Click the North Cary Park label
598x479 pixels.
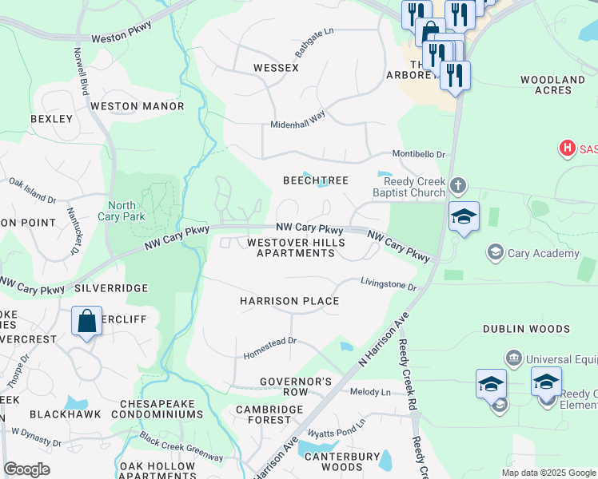(122, 210)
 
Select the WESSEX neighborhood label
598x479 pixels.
(276, 68)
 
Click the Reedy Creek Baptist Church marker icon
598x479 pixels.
(457, 186)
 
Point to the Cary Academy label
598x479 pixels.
(543, 253)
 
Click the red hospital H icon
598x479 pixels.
(567, 148)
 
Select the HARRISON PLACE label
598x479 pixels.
(289, 301)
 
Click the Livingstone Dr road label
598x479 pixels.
(389, 284)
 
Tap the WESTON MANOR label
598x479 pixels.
(137, 106)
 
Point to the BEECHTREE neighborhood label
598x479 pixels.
(316, 180)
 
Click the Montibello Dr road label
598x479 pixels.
(418, 154)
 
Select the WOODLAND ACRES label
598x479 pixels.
(552, 85)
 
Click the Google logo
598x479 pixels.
(26, 469)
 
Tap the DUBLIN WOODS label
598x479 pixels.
(526, 329)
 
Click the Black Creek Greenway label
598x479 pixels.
(181, 447)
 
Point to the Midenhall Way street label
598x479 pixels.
(298, 115)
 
